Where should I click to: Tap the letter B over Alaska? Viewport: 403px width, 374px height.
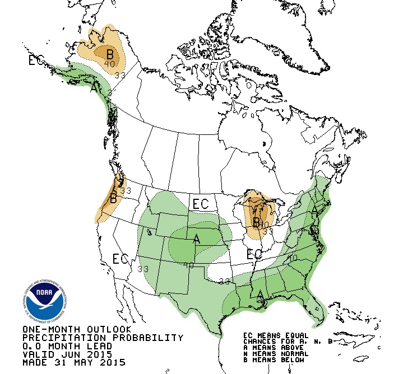pos(110,54)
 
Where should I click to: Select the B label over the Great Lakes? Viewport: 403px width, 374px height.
pos(256,222)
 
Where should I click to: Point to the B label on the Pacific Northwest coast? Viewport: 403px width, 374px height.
pos(113,198)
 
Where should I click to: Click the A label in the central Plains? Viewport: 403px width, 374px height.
pos(196,239)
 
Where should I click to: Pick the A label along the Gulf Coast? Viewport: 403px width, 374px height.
pos(260,293)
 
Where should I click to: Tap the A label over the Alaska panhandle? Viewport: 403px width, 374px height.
pos(94,88)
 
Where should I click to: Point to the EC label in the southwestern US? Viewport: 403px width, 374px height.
pos(121,259)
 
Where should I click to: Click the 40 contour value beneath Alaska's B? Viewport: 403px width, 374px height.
pos(110,65)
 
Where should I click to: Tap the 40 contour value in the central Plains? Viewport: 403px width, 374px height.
pos(189,265)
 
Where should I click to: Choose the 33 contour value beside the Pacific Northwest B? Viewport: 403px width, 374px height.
pos(126,191)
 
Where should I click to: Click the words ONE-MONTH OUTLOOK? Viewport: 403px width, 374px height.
pos(77,329)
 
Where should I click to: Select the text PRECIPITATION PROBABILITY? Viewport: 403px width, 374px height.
pos(103,338)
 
